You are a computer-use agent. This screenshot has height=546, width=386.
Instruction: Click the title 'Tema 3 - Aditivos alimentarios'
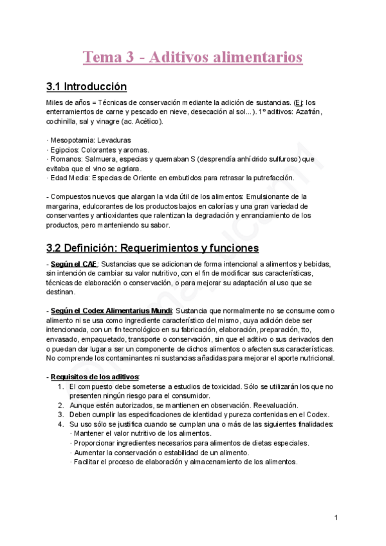pyautogui.click(x=192, y=57)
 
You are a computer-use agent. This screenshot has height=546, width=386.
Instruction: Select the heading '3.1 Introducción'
pyautogui.click(x=86, y=87)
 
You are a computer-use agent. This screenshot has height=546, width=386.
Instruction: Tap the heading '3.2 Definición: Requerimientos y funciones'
pyautogui.click(x=152, y=247)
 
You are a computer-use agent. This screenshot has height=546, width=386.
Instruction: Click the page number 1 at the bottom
pyautogui.click(x=336, y=518)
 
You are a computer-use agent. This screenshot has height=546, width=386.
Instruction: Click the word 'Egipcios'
pyautogui.click(x=65, y=149)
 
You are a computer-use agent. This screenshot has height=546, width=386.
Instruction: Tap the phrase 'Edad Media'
pyautogui.click(x=69, y=178)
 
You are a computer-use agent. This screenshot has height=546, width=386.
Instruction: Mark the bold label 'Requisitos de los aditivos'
pyautogui.click(x=95, y=377)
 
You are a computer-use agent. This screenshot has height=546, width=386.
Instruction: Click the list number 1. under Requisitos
pyautogui.click(x=60, y=386)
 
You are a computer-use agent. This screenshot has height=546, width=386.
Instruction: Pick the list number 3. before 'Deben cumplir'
pyautogui.click(x=60, y=415)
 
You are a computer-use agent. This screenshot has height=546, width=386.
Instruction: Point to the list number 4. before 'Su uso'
pyautogui.click(x=60, y=424)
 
